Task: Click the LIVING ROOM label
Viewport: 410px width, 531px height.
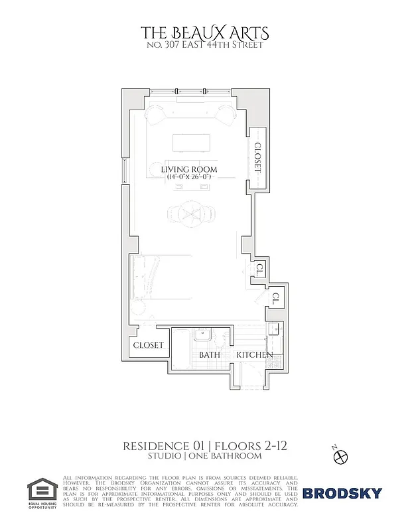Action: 189,170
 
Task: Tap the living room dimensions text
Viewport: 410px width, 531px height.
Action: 189,177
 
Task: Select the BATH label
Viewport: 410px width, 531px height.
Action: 210,355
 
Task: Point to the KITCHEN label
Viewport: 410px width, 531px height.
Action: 255,355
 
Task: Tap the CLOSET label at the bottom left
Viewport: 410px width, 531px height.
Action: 149,345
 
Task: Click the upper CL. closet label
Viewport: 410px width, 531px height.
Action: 261,270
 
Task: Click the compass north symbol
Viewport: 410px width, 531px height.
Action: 342,457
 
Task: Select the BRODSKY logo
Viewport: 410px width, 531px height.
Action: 342,493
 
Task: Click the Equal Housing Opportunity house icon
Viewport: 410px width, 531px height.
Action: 40,490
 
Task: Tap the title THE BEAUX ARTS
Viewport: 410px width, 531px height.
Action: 204,33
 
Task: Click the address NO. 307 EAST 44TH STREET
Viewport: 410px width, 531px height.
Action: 204,45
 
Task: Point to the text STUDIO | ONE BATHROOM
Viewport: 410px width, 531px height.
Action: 204,456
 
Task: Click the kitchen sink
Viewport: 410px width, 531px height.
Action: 273,331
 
